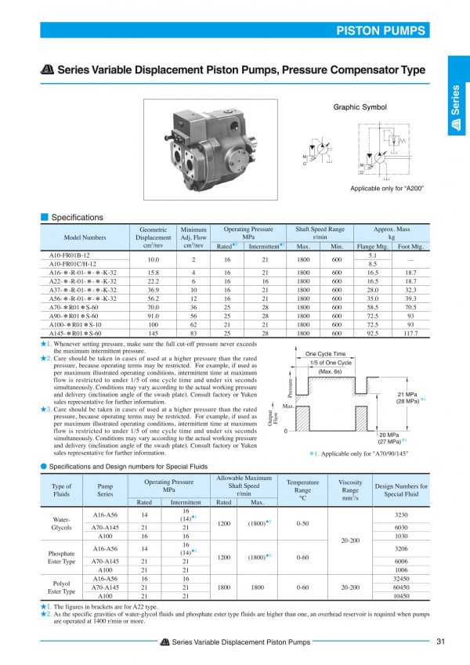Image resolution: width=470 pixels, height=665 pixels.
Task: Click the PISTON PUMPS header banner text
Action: click(381, 31)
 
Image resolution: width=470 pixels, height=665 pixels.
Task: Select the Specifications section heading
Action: click(77, 217)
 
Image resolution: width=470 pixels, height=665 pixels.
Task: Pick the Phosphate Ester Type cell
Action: click(60, 557)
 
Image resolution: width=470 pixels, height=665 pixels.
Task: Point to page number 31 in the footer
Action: click(442, 643)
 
